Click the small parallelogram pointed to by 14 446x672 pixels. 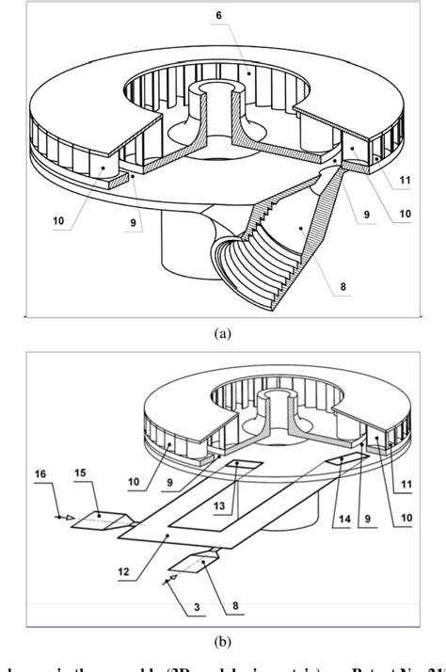coord(353,458)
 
